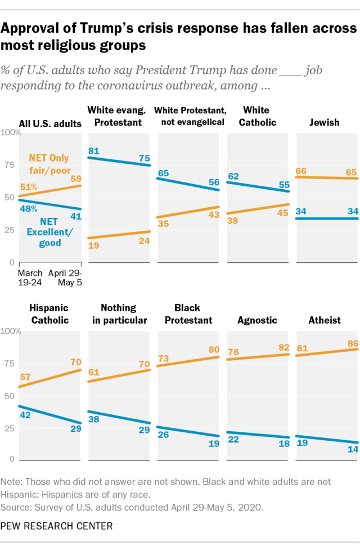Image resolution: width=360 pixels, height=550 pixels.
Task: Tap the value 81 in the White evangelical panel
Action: click(95, 150)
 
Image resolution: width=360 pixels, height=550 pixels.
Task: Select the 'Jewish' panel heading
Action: click(325, 122)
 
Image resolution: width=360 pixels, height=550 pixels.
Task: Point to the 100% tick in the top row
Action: click(11, 132)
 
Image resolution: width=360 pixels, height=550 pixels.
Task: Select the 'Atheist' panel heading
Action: click(325, 320)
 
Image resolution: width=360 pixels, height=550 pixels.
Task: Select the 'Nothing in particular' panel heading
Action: click(119, 314)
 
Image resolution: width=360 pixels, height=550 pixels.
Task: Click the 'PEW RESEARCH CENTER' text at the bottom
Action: click(57, 526)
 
